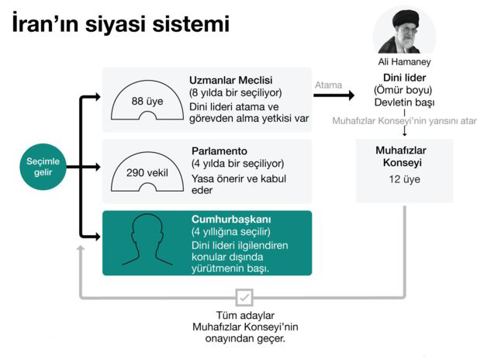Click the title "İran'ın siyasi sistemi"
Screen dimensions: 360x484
point(120,23)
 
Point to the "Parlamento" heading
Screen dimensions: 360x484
point(219,151)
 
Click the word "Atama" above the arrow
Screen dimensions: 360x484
point(328,85)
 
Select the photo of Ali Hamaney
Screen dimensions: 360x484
point(405,30)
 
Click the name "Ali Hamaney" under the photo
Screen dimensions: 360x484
point(404,62)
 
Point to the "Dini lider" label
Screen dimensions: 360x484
point(404,78)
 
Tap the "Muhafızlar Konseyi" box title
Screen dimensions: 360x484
point(404,155)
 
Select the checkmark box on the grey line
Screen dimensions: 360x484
point(244,297)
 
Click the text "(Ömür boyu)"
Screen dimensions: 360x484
point(404,90)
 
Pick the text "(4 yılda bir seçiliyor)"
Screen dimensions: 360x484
point(237,164)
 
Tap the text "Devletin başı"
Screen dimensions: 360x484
point(404,102)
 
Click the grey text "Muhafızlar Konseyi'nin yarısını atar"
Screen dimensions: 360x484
point(404,121)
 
